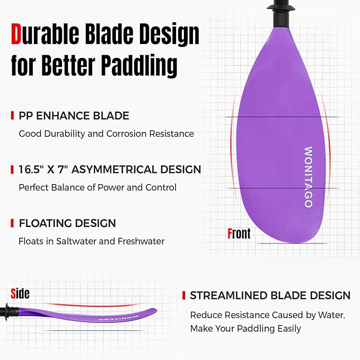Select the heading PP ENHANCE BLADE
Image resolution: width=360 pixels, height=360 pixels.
pos(74,116)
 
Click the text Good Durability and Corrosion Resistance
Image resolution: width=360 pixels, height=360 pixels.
pos(106,134)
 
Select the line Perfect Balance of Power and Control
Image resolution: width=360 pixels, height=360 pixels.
pos(98,187)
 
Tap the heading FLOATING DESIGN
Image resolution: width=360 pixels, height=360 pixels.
pos(67,223)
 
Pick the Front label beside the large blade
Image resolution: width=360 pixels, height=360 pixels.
pos(239,233)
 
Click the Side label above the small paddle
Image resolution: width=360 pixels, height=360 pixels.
pos(20,293)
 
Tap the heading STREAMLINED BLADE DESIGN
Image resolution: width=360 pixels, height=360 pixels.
pos(270,295)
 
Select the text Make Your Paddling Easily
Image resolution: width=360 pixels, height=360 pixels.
pos(245,329)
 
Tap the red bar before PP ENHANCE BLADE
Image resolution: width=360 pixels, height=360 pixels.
pos(12,116)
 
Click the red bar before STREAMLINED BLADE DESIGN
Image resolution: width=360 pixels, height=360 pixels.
pos(183,295)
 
